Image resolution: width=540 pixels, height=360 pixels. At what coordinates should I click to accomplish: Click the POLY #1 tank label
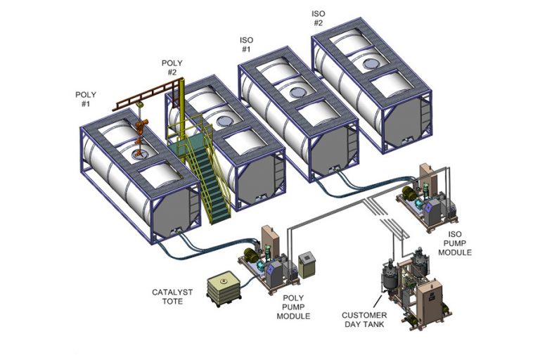click(x=86, y=99)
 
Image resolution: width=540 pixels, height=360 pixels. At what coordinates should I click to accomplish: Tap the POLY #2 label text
click(x=172, y=67)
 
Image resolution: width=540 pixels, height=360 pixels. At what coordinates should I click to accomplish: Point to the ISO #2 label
click(x=318, y=18)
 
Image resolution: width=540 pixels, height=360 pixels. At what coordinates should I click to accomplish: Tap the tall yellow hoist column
click(x=181, y=105)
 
